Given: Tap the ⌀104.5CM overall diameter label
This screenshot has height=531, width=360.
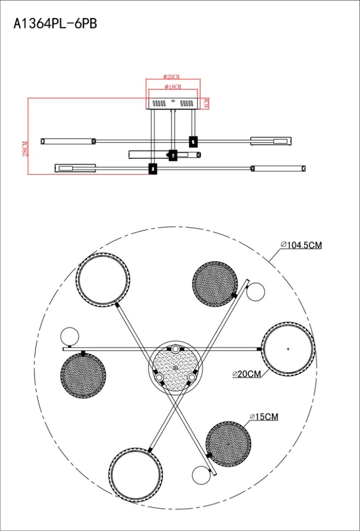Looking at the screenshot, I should click(x=301, y=245).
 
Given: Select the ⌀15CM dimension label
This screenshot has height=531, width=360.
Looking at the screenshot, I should click(x=264, y=417).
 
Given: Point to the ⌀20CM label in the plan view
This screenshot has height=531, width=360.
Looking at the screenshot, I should click(x=247, y=374).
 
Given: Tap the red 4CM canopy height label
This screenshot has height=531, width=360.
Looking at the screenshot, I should click(x=207, y=103).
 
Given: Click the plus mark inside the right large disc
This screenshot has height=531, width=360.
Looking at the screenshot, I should click(x=288, y=349).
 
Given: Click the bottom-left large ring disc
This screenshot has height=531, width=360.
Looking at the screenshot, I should click(x=135, y=473).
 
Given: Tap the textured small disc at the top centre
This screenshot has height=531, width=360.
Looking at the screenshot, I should click(x=216, y=282).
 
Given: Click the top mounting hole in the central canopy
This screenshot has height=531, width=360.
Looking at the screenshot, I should click(x=175, y=349).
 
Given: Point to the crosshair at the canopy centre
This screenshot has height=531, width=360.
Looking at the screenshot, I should click(x=175, y=368).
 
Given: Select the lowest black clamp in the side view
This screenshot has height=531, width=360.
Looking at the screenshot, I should click(x=153, y=169).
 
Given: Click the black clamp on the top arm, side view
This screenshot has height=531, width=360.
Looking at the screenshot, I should click(x=193, y=141).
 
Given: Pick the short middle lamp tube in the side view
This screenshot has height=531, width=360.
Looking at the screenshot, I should click(x=164, y=155).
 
